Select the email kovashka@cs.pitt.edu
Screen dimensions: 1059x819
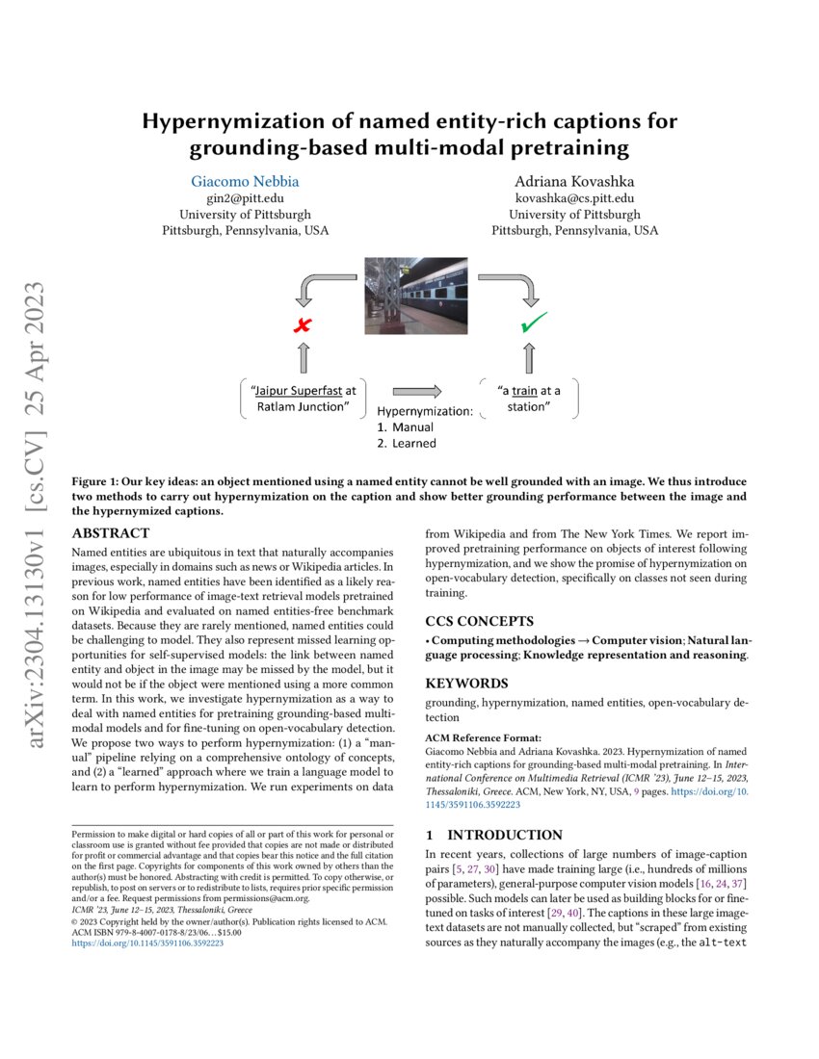pyautogui.click(x=574, y=197)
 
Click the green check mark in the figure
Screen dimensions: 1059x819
pyautogui.click(x=533, y=324)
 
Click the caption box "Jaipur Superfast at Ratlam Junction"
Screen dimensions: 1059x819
pyautogui.click(x=304, y=398)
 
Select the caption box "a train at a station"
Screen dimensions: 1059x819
pyautogui.click(x=529, y=399)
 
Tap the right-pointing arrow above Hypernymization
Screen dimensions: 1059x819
pyautogui.click(x=417, y=391)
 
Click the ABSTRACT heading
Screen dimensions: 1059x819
pyautogui.click(x=111, y=533)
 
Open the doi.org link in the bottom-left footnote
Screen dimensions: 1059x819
pyautogui.click(x=148, y=944)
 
